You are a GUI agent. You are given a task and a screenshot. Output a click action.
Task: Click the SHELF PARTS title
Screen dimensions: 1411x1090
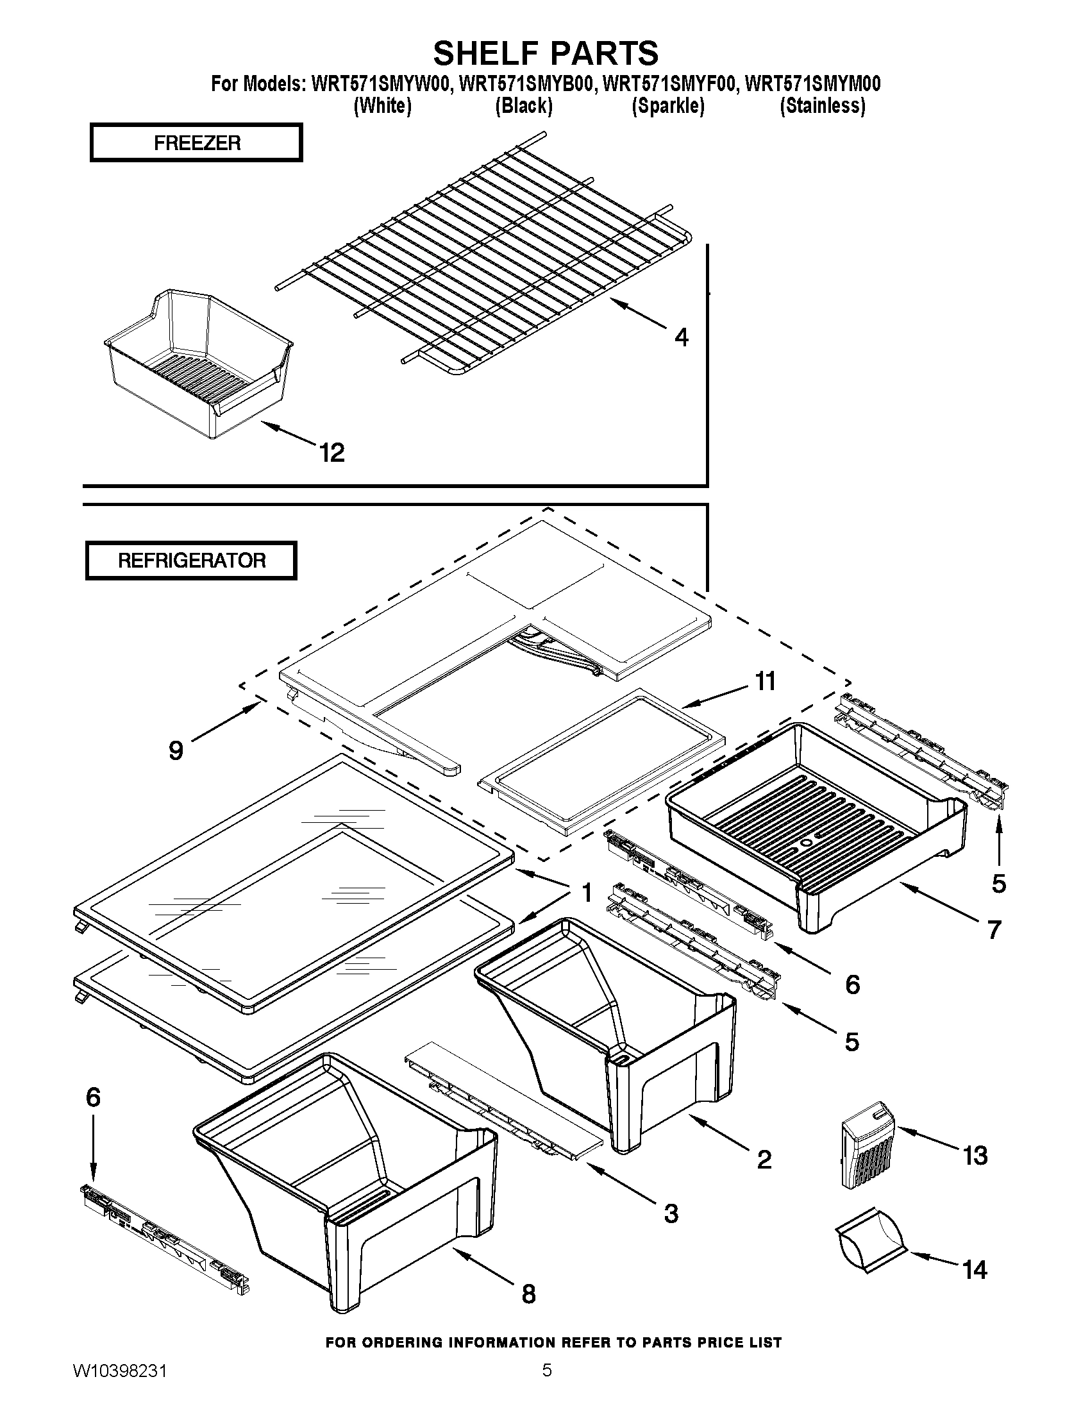(546, 53)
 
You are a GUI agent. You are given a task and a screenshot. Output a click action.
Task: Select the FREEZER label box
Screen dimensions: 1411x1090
(196, 143)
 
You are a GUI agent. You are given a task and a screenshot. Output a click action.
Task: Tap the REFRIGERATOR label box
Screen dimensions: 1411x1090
(191, 560)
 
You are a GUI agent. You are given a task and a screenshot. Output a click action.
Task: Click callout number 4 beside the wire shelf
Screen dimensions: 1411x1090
(681, 337)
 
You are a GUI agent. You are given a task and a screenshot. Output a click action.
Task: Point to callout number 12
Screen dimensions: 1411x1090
(332, 453)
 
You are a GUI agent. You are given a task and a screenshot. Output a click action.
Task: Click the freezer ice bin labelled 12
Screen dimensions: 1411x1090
(197, 368)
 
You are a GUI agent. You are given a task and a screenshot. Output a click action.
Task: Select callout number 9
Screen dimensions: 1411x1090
(176, 751)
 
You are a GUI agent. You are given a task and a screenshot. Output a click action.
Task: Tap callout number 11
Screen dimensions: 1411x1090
(765, 681)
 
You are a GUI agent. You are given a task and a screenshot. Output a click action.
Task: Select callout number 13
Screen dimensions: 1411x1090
(975, 1155)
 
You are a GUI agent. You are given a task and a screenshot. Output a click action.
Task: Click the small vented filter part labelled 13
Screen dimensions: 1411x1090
(869, 1145)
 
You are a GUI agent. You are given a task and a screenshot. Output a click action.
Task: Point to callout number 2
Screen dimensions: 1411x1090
(764, 1159)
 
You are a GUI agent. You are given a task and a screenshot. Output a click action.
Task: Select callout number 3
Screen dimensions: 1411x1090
(671, 1213)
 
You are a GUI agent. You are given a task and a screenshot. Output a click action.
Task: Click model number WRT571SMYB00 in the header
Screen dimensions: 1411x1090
(526, 85)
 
